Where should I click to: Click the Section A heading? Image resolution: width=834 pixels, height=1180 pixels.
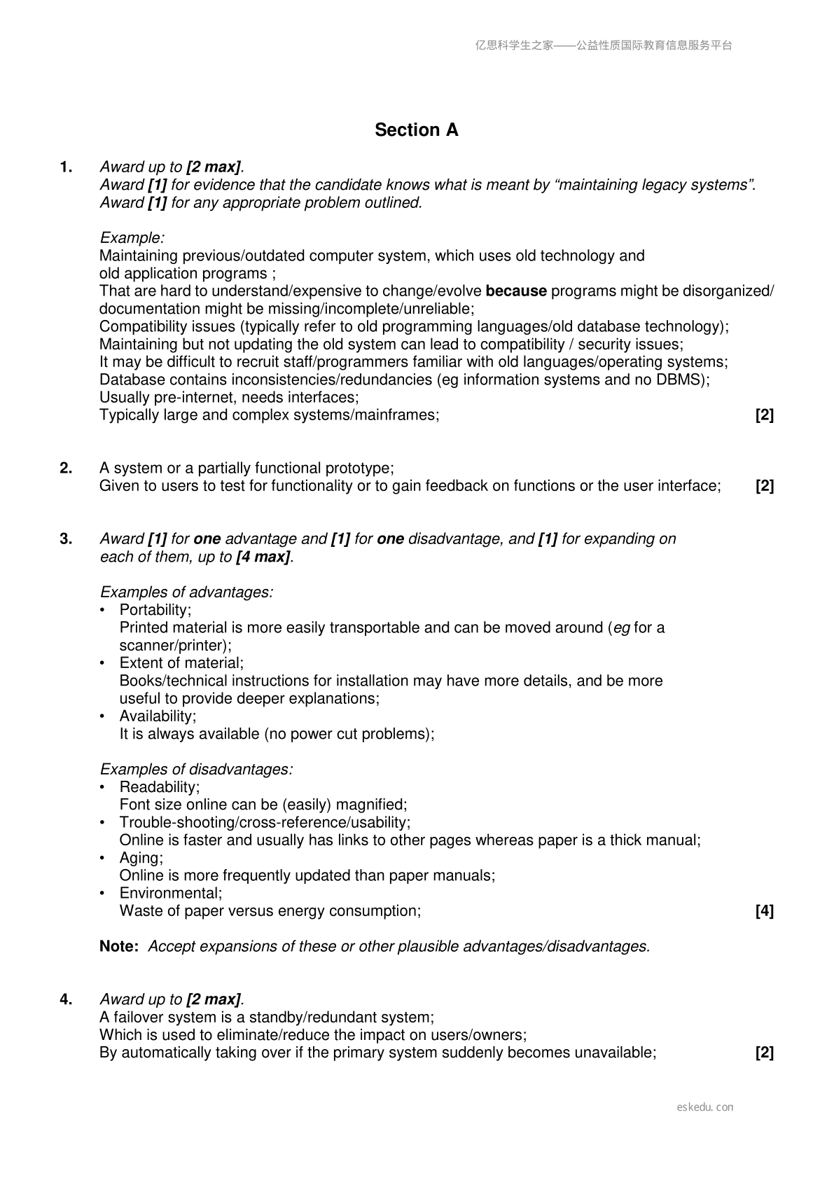(416, 130)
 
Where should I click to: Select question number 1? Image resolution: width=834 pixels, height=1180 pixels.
(66, 167)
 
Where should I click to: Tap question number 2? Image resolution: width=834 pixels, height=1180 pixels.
(66, 468)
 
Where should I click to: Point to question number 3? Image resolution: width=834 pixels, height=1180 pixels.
(66, 539)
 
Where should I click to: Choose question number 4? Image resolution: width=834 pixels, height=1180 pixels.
(66, 1000)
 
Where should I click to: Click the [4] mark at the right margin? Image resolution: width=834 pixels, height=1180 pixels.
(764, 911)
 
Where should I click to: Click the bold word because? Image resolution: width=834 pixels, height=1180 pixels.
(515, 291)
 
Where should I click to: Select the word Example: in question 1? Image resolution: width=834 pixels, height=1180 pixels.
(132, 238)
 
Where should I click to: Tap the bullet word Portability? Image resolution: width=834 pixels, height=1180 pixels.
(155, 610)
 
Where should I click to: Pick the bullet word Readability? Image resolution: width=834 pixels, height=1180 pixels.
(159, 787)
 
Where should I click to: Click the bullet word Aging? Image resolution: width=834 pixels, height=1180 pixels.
(141, 858)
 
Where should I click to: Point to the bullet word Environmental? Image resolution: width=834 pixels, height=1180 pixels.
(170, 894)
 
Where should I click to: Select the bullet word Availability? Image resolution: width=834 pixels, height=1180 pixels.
(158, 716)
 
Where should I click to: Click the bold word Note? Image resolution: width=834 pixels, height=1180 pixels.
(118, 947)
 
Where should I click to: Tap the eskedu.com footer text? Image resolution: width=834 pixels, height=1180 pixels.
(705, 1107)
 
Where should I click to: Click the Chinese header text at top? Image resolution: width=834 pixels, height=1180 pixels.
(603, 46)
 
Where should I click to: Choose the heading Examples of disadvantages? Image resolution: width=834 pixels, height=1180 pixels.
(196, 770)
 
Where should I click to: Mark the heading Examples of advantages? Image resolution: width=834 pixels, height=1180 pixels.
(186, 592)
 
